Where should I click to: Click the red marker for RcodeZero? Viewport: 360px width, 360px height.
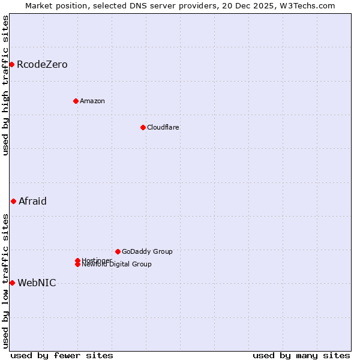tap(11, 64)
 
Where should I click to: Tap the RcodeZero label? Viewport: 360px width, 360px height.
tap(42, 64)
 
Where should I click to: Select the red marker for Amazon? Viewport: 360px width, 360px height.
tap(76, 101)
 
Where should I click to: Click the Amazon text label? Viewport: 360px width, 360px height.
tap(92, 101)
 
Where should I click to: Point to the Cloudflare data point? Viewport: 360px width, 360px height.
tap(143, 127)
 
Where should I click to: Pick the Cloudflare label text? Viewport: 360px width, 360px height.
tap(163, 127)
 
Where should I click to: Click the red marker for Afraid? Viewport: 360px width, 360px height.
tap(13, 201)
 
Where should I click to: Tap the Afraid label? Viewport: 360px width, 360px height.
tap(32, 201)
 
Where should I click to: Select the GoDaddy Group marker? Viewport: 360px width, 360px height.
tap(118, 251)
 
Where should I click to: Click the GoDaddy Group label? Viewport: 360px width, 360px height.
tap(147, 251)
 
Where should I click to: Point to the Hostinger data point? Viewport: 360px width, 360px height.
tap(77, 260)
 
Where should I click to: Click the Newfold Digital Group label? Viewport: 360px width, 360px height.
tap(117, 265)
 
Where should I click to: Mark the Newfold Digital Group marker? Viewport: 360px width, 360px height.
tap(77, 264)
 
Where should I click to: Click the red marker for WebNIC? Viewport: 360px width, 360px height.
tap(12, 283)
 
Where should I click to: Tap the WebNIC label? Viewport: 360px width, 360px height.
tap(37, 283)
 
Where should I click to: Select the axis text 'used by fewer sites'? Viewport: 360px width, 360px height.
tap(62, 355)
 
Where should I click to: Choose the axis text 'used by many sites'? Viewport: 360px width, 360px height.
tap(301, 355)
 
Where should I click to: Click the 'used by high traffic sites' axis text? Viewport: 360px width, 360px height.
tap(6, 85)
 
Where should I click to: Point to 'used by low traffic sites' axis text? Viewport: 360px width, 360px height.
tap(6, 281)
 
